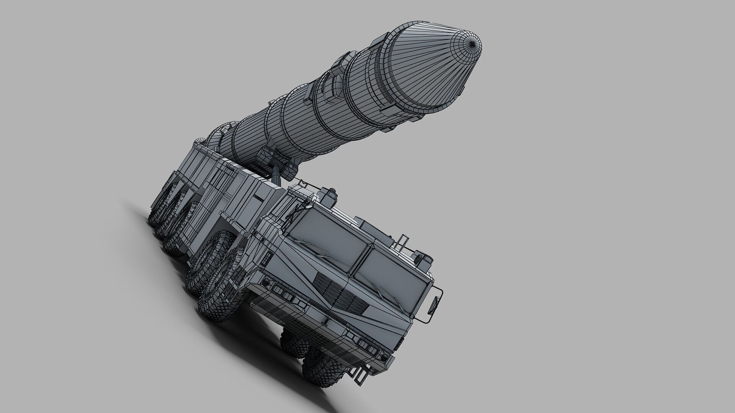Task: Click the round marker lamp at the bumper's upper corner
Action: [265, 282]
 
